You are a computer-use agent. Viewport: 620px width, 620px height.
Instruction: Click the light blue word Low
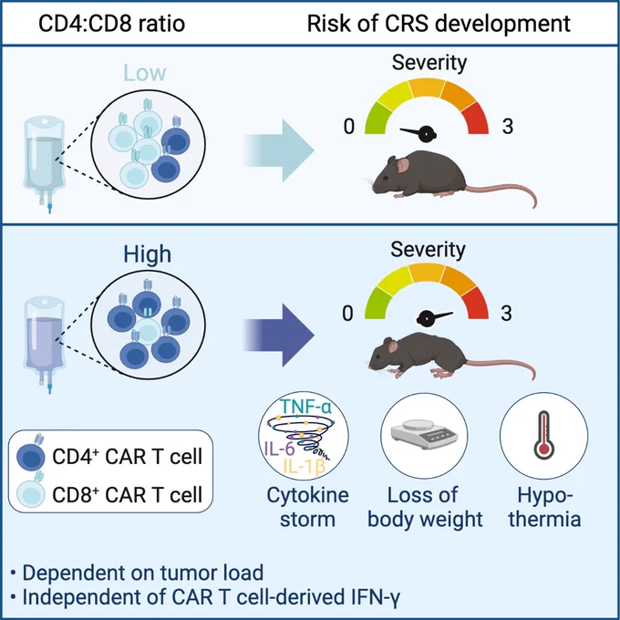145,73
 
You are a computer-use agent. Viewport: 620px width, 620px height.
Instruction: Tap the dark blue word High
147,254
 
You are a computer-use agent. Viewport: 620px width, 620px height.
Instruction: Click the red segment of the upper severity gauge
476,119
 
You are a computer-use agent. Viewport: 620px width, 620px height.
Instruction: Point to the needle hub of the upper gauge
427,134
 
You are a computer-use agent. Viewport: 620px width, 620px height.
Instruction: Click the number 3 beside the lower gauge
507,313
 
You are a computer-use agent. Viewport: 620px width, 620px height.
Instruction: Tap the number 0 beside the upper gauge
348,127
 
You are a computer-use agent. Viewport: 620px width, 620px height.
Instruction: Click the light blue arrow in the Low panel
278,150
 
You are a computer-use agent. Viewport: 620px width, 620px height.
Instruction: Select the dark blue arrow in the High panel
278,336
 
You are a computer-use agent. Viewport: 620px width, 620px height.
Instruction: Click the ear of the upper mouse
402,165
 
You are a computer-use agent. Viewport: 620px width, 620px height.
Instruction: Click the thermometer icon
544,435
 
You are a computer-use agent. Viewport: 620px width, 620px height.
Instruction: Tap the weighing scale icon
424,434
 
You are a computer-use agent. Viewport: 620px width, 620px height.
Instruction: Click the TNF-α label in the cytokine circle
305,407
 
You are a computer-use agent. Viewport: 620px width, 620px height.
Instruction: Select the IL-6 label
279,449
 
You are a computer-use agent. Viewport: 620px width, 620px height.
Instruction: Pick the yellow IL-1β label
305,467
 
